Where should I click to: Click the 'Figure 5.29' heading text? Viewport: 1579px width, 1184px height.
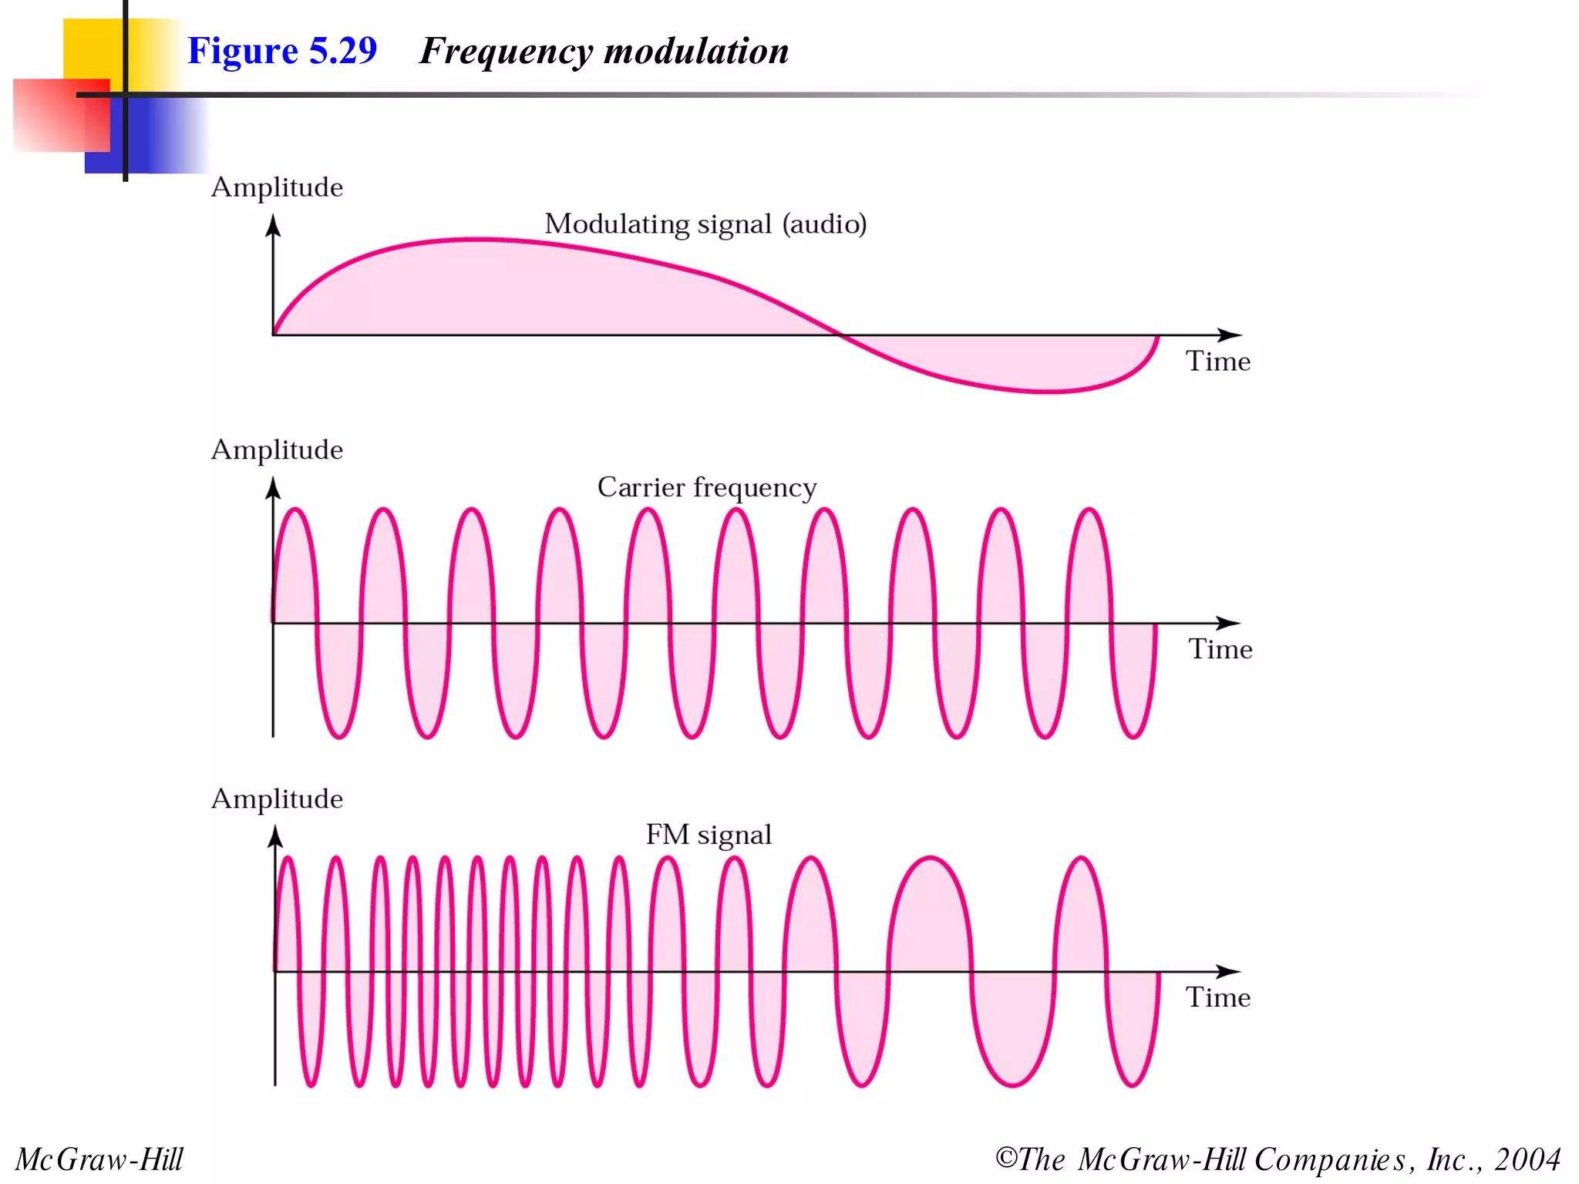[282, 51]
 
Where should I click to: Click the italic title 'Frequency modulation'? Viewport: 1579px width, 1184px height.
[604, 52]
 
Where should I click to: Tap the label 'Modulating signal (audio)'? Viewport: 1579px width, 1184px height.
[705, 224]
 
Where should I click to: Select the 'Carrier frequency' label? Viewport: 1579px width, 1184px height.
[706, 487]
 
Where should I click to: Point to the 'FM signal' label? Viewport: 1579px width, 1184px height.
[708, 835]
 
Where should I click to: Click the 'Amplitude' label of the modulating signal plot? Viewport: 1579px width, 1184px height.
[277, 187]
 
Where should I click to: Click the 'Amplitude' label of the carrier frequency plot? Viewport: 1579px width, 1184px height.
[277, 449]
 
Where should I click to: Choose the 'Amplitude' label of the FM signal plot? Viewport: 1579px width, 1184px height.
[277, 799]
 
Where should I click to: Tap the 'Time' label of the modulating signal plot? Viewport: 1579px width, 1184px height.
[1217, 362]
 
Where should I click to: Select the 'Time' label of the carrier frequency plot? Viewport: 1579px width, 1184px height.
[1220, 649]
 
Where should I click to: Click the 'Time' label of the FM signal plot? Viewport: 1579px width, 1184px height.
[1217, 997]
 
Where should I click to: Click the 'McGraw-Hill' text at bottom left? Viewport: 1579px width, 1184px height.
[99, 1159]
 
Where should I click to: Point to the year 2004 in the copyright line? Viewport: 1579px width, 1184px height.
[1527, 1159]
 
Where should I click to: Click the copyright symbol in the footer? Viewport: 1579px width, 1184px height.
[1006, 1158]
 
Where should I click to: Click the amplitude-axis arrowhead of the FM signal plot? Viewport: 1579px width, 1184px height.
[275, 836]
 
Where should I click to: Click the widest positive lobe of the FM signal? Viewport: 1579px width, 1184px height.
[931, 910]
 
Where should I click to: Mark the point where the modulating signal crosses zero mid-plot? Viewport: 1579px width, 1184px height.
[840, 335]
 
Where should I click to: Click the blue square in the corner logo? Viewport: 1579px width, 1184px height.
[154, 139]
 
